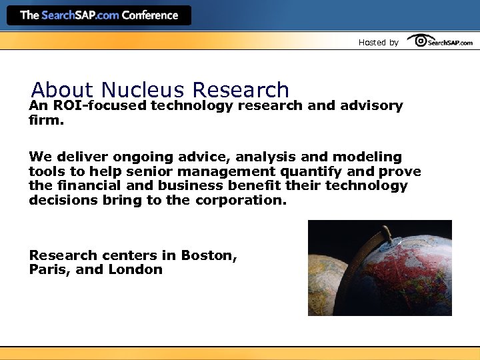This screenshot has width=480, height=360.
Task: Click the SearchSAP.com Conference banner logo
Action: click(x=99, y=15)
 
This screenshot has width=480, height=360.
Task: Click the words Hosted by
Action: click(x=378, y=43)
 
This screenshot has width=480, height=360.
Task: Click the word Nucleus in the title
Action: click(x=143, y=90)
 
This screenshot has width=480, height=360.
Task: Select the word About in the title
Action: click(x=64, y=90)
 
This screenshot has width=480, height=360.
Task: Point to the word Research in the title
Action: click(x=240, y=90)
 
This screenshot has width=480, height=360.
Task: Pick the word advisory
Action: click(x=371, y=106)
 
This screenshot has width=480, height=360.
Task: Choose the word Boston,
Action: click(x=209, y=255)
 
